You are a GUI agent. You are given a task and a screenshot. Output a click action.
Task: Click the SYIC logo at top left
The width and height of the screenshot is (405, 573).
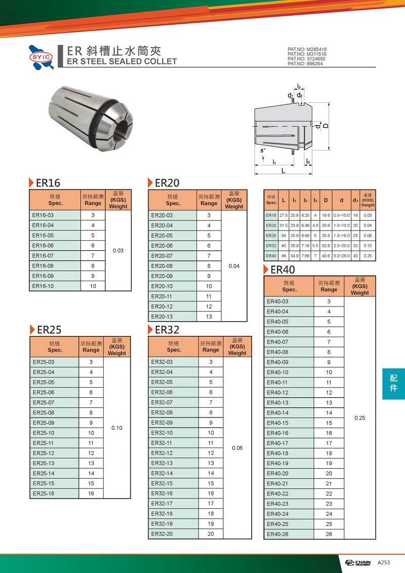(42, 57)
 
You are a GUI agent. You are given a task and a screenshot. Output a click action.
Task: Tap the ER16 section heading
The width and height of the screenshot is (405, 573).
(48, 183)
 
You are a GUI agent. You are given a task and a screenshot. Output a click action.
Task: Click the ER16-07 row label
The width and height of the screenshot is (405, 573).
(43, 256)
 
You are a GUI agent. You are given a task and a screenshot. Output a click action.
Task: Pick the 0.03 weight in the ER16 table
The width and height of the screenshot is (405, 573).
(118, 251)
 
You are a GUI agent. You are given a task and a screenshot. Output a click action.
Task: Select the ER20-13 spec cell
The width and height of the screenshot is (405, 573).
(162, 317)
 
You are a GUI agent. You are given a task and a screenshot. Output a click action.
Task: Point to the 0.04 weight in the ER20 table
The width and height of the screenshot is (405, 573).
(234, 266)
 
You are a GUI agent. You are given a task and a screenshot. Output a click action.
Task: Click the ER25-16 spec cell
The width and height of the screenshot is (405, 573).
(44, 493)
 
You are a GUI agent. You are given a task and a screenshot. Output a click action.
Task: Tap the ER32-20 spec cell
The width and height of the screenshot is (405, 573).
(162, 534)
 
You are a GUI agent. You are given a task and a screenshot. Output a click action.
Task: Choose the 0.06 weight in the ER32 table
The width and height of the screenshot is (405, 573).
(237, 448)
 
